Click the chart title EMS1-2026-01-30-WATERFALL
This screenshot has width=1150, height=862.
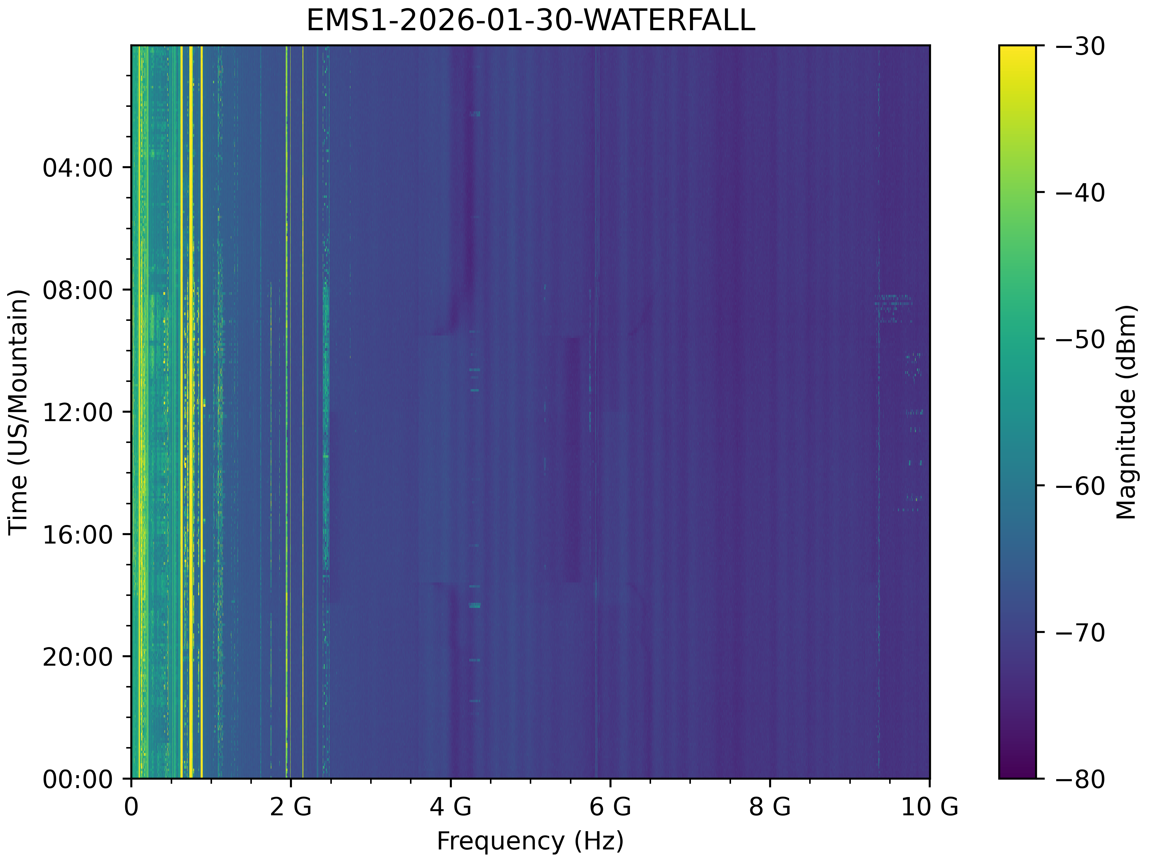pyautogui.click(x=530, y=21)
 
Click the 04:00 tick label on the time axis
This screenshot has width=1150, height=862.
pyautogui.click(x=78, y=168)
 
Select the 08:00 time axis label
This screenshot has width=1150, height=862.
pyautogui.click(x=78, y=290)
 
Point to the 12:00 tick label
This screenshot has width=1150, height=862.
pyautogui.click(x=78, y=412)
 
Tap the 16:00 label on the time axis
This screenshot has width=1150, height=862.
pyautogui.click(x=78, y=535)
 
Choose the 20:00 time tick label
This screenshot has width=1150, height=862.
pyautogui.click(x=78, y=657)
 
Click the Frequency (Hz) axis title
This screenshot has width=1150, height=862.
pyautogui.click(x=530, y=841)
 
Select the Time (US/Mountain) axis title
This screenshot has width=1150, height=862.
pyautogui.click(x=19, y=412)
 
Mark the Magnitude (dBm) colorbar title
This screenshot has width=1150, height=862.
pyautogui.click(x=1126, y=412)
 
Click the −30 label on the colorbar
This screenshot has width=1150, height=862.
pyautogui.click(x=1080, y=47)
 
